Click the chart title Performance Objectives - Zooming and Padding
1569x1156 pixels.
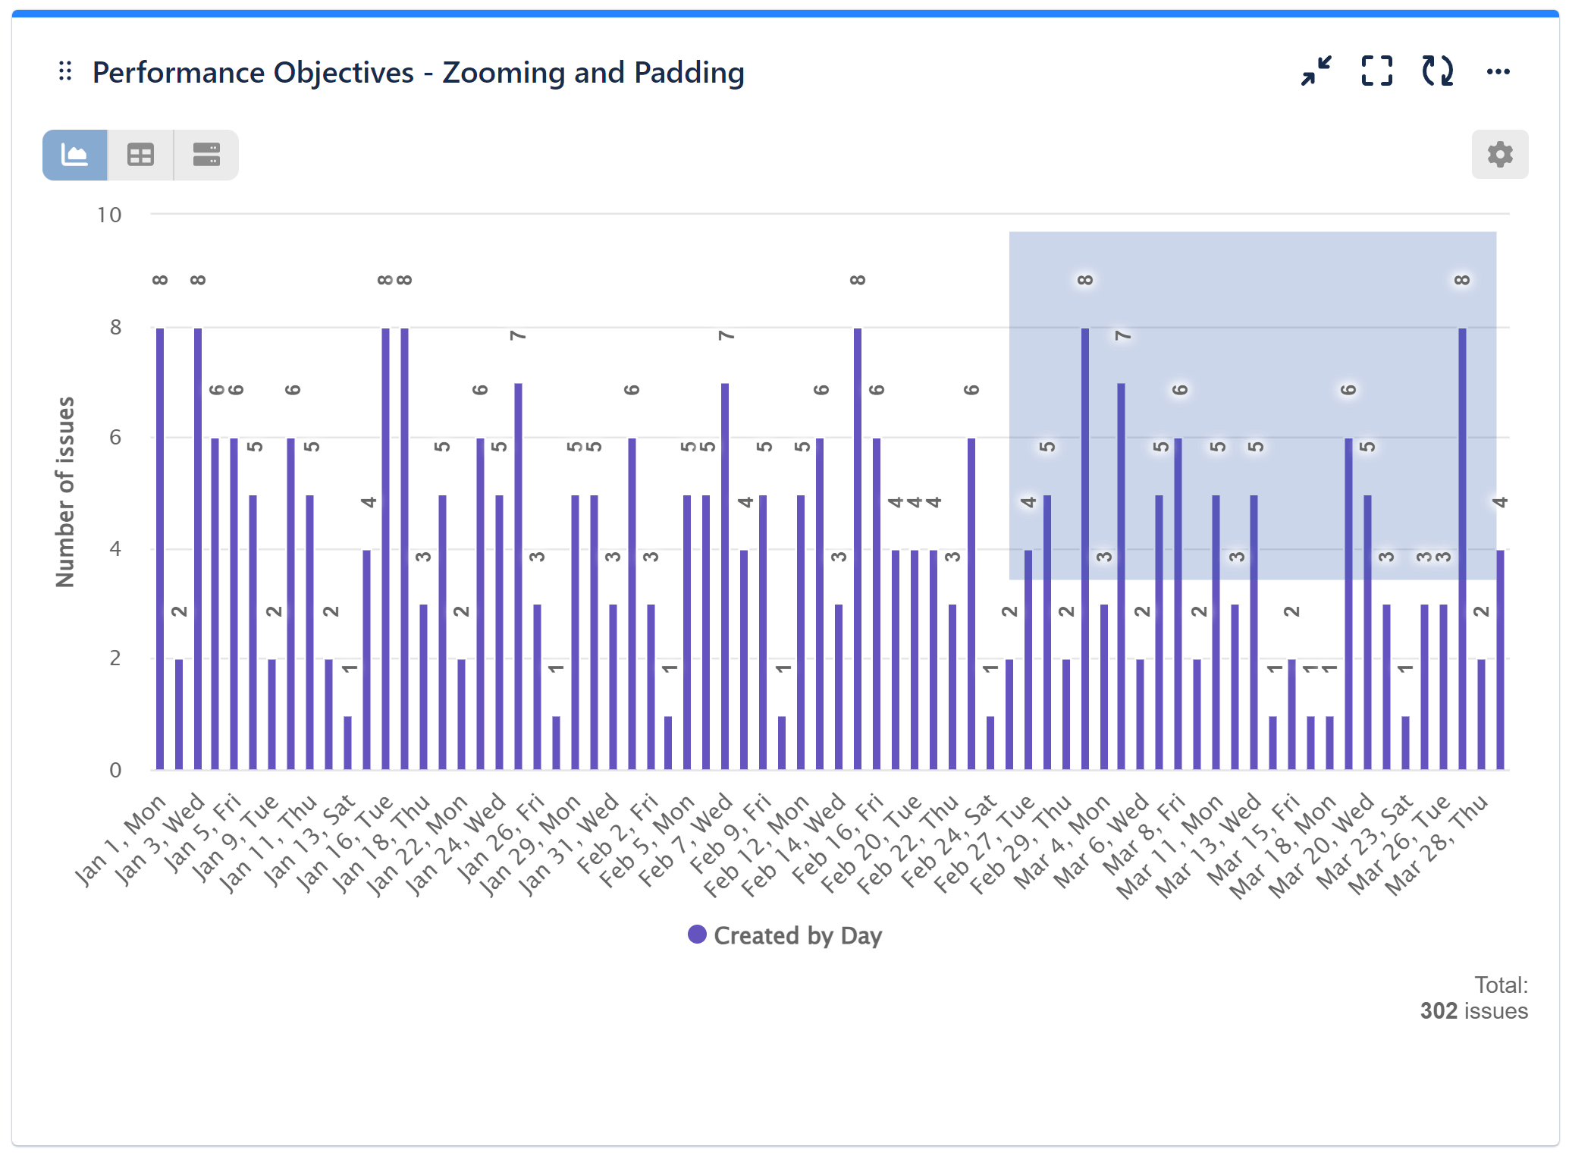(418, 73)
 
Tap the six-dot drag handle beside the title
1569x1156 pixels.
(65, 71)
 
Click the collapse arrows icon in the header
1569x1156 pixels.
(1316, 71)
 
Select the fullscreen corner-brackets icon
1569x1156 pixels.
(1376, 71)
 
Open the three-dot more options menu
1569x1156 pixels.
(1498, 71)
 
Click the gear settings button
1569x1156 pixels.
(1499, 155)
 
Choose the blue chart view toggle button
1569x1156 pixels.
(74, 155)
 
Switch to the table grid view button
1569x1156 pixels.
(140, 155)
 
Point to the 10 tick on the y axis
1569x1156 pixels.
(109, 215)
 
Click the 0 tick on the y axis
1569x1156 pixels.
(115, 771)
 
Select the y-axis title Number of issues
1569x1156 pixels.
(66, 492)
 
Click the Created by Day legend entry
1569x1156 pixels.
(785, 935)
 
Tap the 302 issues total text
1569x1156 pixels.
(1473, 1011)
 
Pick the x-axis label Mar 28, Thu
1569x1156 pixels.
(1438, 846)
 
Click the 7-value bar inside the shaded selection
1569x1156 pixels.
(1121, 576)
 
